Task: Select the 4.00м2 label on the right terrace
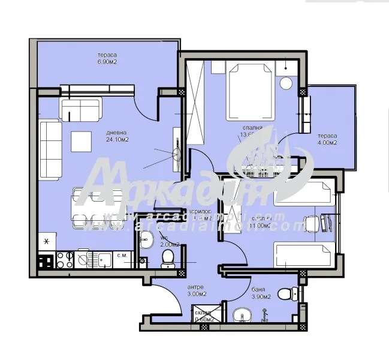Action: coord(327,143)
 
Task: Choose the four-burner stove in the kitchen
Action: coord(66,260)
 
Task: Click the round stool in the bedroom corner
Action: coord(286,82)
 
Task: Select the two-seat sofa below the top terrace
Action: coord(80,109)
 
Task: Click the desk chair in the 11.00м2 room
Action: coord(312,224)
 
